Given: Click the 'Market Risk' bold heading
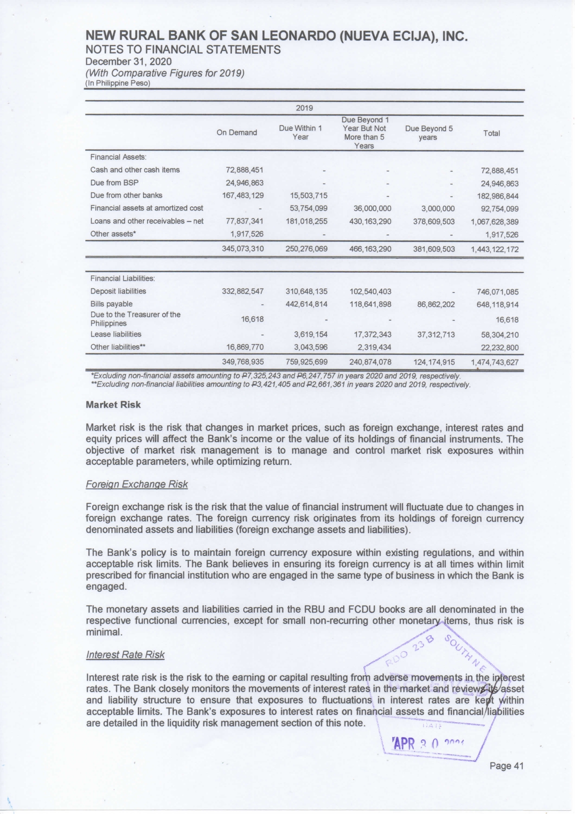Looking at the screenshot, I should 113,404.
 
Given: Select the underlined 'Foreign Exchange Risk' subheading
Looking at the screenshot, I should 137,484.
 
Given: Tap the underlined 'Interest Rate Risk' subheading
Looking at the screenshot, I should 125,654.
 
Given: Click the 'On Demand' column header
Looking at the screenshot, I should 236,133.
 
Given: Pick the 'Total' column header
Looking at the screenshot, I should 492,133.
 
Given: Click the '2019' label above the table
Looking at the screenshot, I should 304,108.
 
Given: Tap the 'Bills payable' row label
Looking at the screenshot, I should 111,304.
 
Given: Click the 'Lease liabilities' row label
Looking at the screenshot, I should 116,334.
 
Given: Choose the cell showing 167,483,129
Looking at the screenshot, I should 243,196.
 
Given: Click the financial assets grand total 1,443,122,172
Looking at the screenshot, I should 494,249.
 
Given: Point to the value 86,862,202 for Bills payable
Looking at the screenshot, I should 434,304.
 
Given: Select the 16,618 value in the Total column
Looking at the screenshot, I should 507,320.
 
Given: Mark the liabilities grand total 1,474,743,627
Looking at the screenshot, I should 494,362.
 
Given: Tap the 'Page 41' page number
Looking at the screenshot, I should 506,766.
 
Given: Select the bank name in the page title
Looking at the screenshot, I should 276,36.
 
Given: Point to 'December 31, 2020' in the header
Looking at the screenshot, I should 128,62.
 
